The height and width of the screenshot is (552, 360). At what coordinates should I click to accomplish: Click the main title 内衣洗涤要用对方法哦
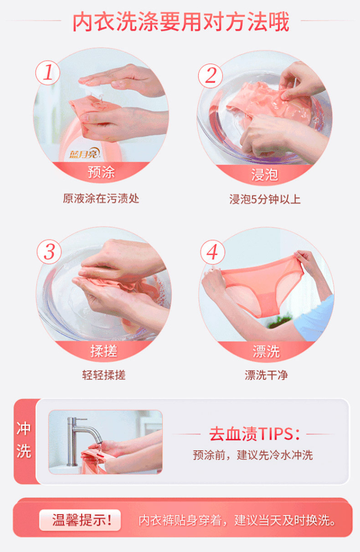(181, 22)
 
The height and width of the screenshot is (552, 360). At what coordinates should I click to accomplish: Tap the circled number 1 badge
(48, 72)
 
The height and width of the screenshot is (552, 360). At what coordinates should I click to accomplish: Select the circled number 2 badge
(211, 76)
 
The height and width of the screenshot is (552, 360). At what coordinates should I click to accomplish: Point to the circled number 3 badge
(49, 251)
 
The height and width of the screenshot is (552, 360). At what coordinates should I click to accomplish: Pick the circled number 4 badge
(212, 252)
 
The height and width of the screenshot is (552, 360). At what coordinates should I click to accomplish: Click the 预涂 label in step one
(101, 172)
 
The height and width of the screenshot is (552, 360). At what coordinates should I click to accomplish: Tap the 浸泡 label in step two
(265, 175)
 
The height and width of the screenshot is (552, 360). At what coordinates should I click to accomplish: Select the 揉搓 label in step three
(104, 351)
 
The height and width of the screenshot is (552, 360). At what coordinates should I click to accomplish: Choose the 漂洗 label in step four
(266, 351)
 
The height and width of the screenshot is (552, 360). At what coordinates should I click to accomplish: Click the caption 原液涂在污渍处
(101, 199)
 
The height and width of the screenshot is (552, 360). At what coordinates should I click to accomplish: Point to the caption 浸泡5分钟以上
(265, 199)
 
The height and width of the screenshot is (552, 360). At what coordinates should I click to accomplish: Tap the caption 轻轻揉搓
(104, 375)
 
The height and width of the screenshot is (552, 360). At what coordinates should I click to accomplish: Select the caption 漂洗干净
(266, 375)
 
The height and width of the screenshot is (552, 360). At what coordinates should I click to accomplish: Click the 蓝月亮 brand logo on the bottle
(85, 153)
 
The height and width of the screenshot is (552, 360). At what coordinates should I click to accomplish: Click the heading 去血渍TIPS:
(254, 434)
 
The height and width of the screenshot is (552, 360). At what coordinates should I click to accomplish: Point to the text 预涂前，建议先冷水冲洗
(253, 455)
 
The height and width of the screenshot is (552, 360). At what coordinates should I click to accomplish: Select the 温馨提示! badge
(80, 520)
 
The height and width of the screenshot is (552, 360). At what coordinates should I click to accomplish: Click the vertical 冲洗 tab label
(24, 440)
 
